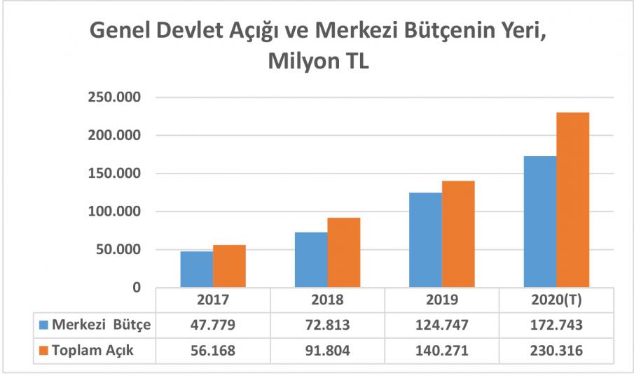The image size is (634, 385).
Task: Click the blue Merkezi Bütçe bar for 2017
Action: coord(196,269)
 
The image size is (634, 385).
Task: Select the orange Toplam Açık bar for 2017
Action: coord(229,267)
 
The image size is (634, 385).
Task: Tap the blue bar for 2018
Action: coord(311,260)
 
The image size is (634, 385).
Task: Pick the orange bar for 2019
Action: coord(458,234)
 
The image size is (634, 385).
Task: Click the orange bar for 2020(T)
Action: coord(572,200)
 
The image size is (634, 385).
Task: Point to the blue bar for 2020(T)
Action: coord(539,222)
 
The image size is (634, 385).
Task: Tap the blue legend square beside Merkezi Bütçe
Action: coord(44,325)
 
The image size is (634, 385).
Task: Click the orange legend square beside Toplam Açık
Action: coord(44,351)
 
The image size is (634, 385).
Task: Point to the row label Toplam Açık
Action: coord(92,351)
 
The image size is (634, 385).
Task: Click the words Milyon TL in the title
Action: coord(317,62)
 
